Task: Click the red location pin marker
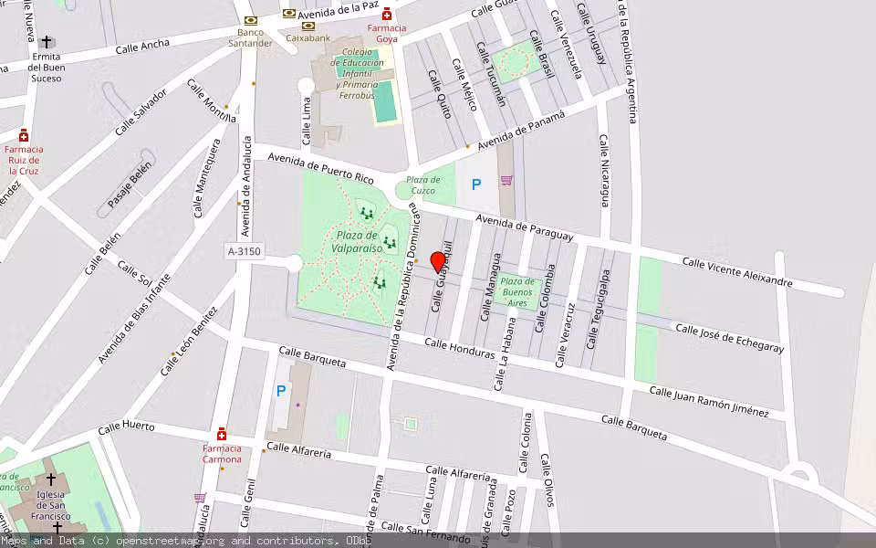click(437, 261)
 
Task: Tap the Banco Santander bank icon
click(250, 20)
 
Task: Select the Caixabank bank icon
click(308, 26)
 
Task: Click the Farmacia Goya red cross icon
click(387, 14)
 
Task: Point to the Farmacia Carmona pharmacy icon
click(222, 434)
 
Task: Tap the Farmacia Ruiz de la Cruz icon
click(23, 134)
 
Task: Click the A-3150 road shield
click(245, 250)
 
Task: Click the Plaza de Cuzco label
click(423, 185)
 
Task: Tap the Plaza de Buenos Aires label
click(517, 291)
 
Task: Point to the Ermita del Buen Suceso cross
click(47, 42)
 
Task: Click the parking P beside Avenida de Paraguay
click(475, 184)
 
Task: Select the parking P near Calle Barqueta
click(281, 391)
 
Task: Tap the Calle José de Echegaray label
click(728, 337)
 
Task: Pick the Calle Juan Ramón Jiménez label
click(708, 402)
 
